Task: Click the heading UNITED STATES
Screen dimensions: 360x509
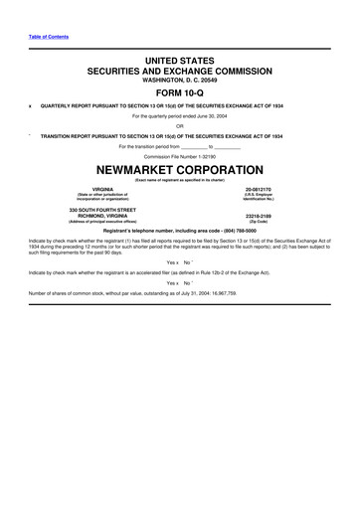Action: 179,62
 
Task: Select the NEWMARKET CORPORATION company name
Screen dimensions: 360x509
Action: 179,170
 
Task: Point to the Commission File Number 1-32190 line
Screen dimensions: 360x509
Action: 179,158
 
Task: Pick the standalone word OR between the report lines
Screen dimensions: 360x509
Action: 179,125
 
